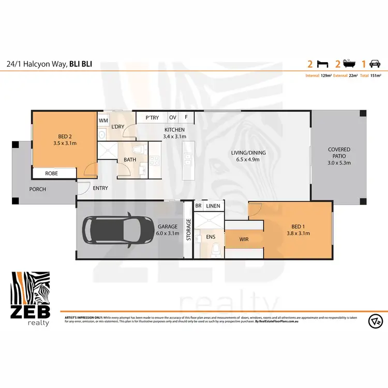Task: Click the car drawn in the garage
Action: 117,229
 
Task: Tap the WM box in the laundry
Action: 103,120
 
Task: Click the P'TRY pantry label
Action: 152,118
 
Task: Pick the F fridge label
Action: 186,118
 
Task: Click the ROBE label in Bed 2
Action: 51,173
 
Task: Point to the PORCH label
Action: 37,189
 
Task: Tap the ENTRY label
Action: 100,188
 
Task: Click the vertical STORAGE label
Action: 188,230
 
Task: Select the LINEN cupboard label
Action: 213,206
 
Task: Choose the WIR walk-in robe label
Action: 245,240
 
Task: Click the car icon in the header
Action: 375,64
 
